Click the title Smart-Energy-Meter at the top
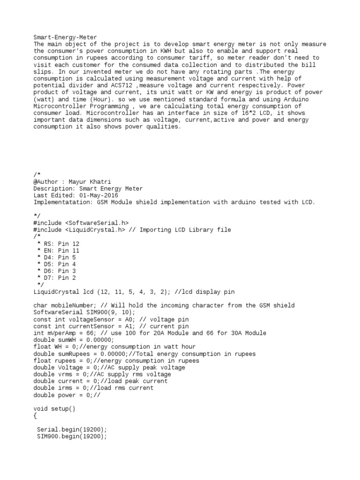(65, 37)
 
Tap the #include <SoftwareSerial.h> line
(81, 223)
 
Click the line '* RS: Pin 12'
(58, 244)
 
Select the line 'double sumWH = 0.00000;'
(74, 340)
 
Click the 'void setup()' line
(54, 409)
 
